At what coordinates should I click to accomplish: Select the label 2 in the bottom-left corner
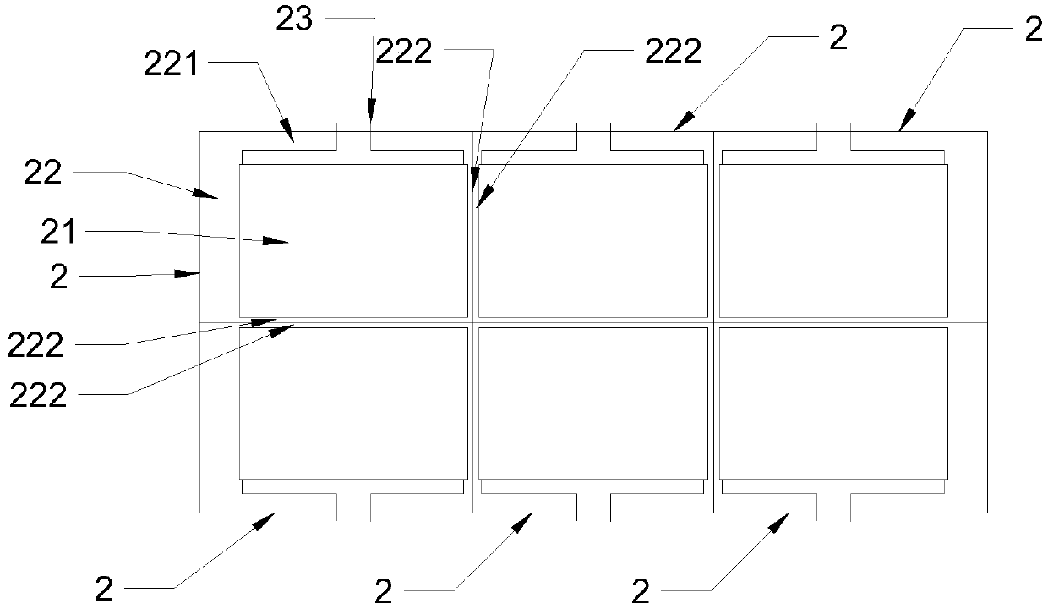tap(104, 590)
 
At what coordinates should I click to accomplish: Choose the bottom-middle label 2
tap(384, 591)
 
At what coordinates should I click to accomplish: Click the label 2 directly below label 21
tap(58, 277)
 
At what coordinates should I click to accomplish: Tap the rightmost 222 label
tap(673, 52)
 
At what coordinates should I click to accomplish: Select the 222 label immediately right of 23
tap(403, 52)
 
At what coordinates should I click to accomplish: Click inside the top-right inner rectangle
tap(832, 241)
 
